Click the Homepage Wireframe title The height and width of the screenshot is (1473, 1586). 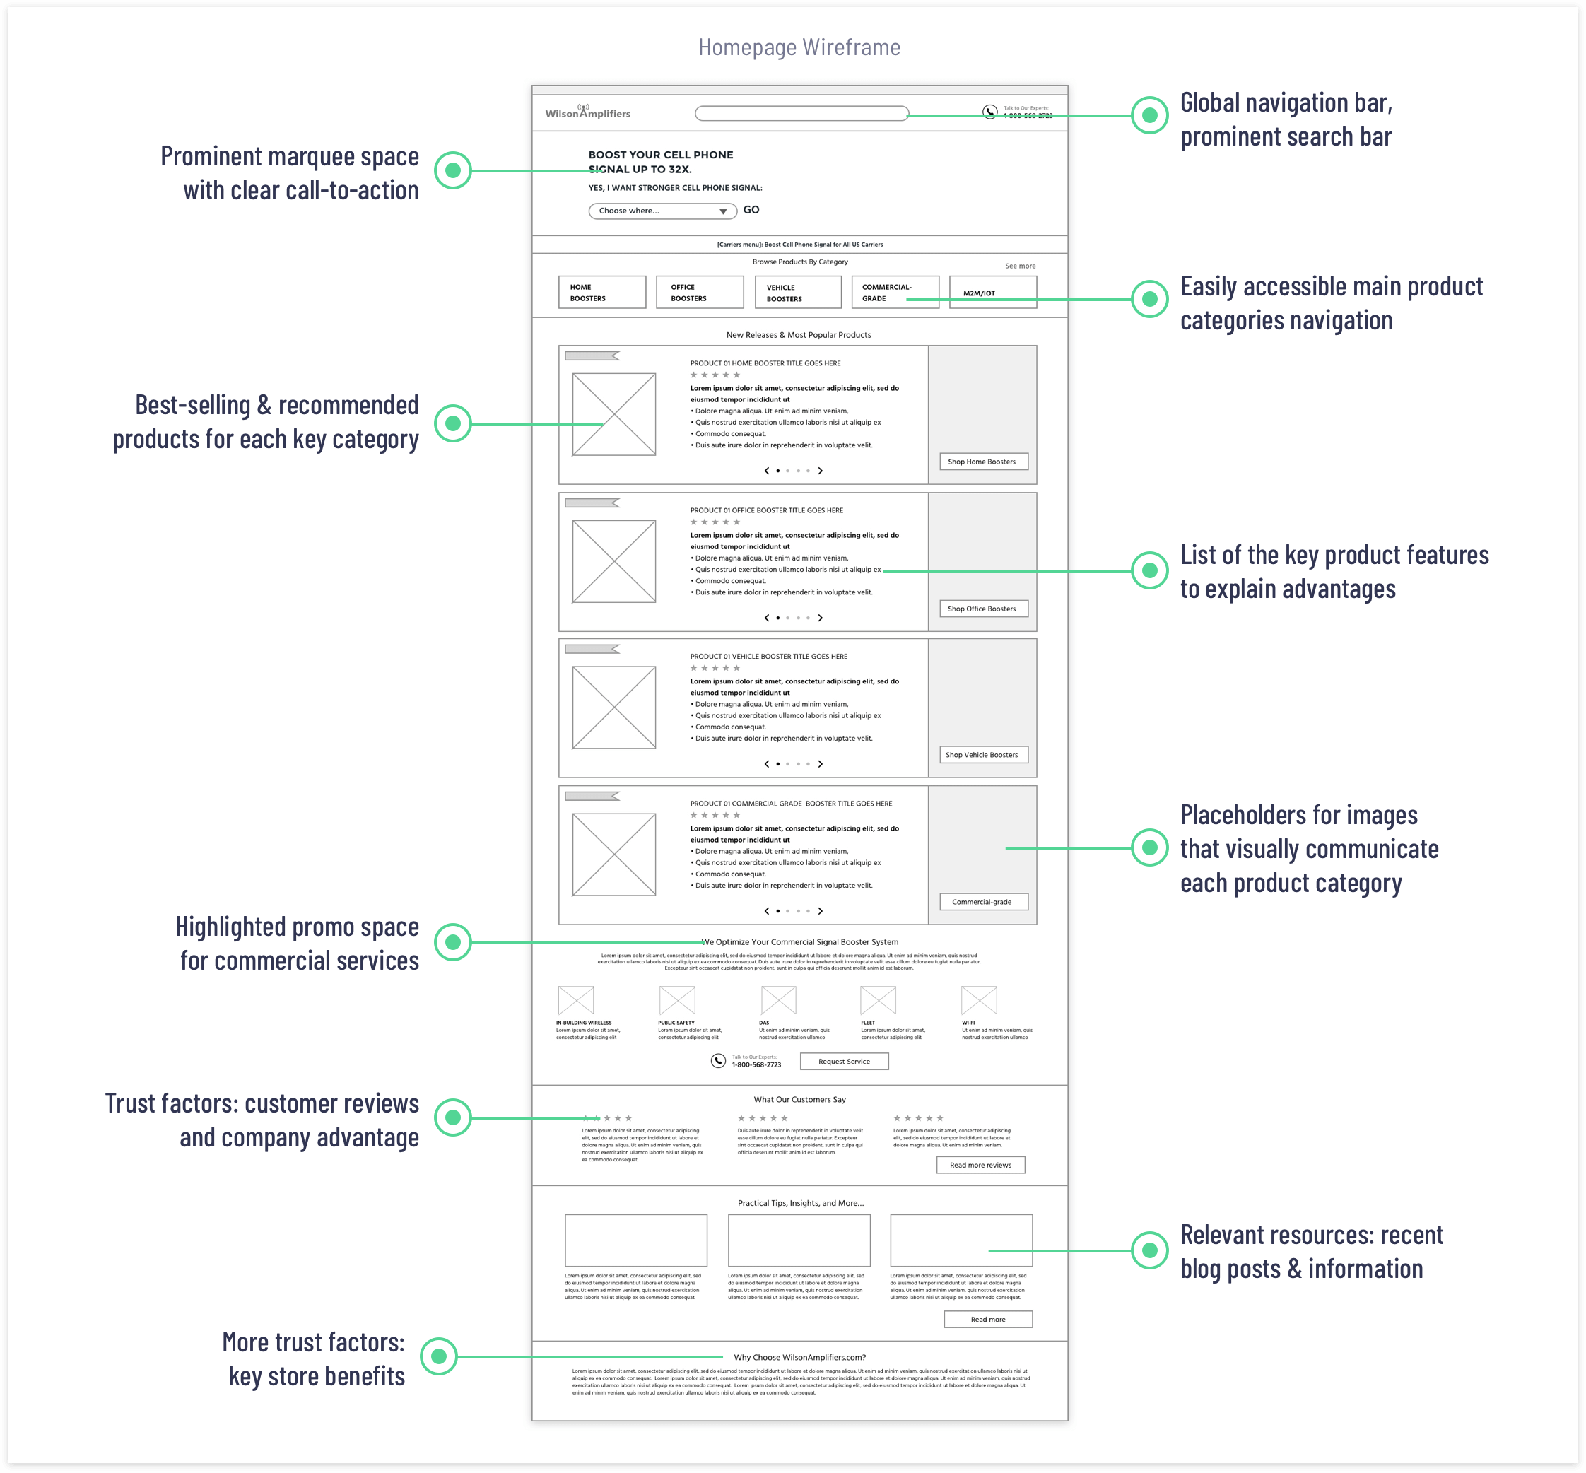click(x=799, y=47)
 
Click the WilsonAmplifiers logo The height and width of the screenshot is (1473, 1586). click(x=587, y=112)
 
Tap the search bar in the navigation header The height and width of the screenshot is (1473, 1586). click(x=801, y=113)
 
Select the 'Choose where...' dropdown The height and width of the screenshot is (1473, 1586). click(x=662, y=211)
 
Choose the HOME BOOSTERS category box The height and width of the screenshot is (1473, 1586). click(x=601, y=293)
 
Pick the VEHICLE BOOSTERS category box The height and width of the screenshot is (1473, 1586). click(x=798, y=293)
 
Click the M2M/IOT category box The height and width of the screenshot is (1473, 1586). click(x=993, y=293)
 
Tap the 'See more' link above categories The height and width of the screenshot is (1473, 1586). click(x=1020, y=266)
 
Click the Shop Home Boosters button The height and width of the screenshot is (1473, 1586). click(x=982, y=462)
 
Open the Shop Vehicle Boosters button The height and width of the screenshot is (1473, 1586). click(x=982, y=755)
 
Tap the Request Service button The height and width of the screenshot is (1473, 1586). click(x=844, y=1062)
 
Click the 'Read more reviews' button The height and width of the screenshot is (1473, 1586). click(x=980, y=1166)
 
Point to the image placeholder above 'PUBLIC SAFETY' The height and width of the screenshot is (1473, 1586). click(x=677, y=999)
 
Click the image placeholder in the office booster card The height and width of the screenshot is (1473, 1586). click(x=613, y=562)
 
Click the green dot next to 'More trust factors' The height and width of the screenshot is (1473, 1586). click(x=438, y=1356)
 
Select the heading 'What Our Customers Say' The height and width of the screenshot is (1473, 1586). click(x=799, y=1099)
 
